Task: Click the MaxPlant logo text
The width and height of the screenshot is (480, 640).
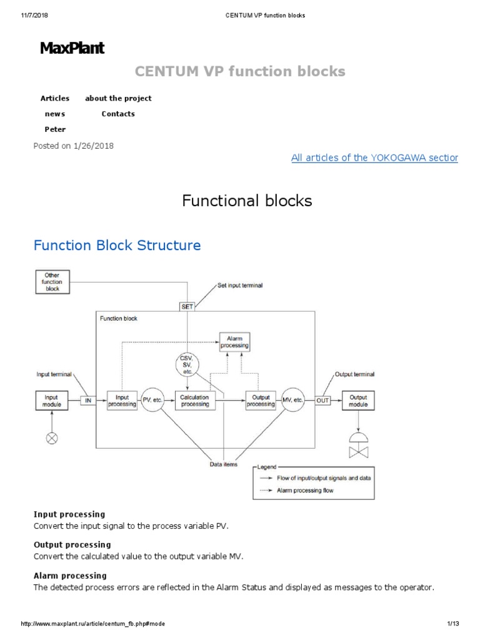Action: pyautogui.click(x=72, y=48)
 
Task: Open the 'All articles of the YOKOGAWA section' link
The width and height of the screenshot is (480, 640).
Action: pyautogui.click(x=374, y=157)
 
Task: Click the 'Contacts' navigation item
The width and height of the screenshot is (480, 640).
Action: pyautogui.click(x=118, y=114)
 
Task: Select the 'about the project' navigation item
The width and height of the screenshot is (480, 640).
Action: pyautogui.click(x=118, y=98)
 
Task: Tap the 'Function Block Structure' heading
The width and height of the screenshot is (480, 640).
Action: pyautogui.click(x=117, y=245)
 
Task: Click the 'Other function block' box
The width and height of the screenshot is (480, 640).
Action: pyautogui.click(x=52, y=282)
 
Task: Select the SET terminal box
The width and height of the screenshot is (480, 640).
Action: pyautogui.click(x=187, y=306)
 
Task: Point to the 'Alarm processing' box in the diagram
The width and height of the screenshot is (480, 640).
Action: pyautogui.click(x=234, y=341)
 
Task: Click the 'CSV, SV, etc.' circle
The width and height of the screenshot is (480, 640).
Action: pyautogui.click(x=187, y=364)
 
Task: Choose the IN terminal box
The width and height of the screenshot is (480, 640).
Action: pyautogui.click(x=87, y=401)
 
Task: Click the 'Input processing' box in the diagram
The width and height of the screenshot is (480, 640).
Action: pyautogui.click(x=122, y=401)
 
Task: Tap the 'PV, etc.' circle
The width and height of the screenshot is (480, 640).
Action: pyautogui.click(x=152, y=401)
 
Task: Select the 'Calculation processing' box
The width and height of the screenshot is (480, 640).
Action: pyautogui.click(x=195, y=401)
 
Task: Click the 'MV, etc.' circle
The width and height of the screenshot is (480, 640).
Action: pyautogui.click(x=293, y=401)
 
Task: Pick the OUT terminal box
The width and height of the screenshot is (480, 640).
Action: pyautogui.click(x=322, y=401)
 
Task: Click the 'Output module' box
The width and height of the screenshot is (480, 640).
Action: pyautogui.click(x=359, y=401)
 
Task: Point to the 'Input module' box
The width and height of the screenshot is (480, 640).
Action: pyautogui.click(x=52, y=401)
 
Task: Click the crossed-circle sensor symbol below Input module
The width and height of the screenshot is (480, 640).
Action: pyautogui.click(x=52, y=438)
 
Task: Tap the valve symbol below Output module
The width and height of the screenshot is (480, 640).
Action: pyautogui.click(x=359, y=445)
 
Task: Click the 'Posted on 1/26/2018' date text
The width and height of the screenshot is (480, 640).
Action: pyautogui.click(x=73, y=146)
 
